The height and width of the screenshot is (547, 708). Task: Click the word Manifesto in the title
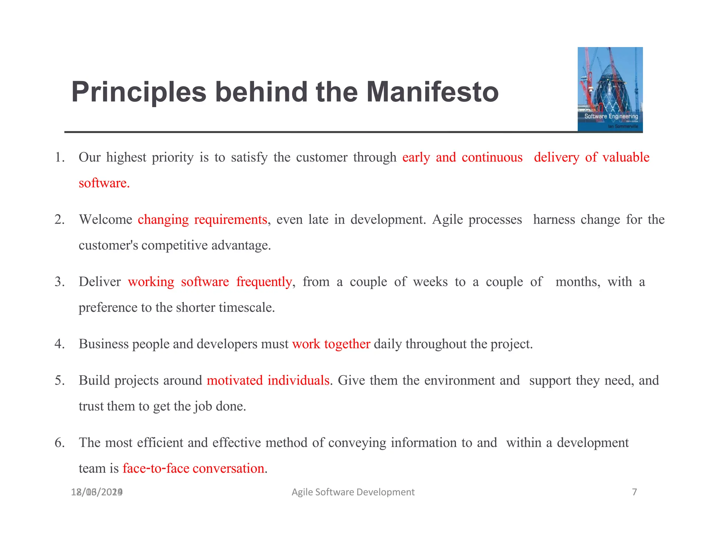432,92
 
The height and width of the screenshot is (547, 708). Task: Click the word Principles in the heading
139,92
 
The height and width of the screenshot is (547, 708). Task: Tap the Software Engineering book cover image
610,89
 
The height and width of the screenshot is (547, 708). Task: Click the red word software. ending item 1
104,183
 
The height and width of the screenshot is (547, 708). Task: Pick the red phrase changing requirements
202,220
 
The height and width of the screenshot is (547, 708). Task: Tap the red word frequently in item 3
264,282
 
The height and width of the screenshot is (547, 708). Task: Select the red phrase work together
331,344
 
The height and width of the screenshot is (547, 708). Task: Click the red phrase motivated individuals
268,380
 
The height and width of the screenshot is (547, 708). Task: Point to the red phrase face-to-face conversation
193,469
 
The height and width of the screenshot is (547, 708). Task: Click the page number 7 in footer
634,492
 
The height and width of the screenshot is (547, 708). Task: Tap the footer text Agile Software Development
353,492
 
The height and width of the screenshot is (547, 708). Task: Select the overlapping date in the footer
97,492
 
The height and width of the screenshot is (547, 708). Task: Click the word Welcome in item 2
105,220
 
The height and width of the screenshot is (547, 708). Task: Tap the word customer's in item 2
108,245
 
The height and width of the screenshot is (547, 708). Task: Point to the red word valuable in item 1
626,157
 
